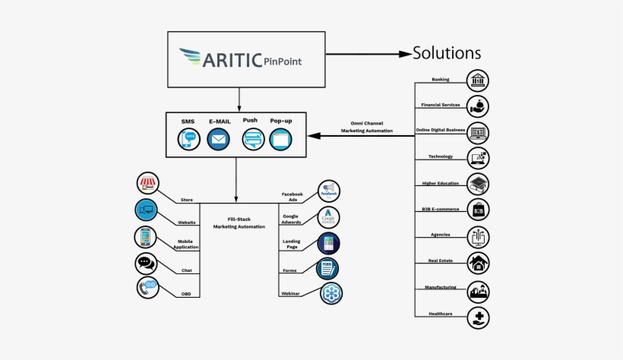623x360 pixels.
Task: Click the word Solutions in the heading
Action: pyautogui.click(x=446, y=53)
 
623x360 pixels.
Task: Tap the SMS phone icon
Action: pyautogui.click(x=188, y=140)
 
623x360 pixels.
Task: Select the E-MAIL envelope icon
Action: pyautogui.click(x=218, y=140)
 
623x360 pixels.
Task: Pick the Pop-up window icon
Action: pyautogui.click(x=281, y=140)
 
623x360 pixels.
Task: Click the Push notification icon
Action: pyautogui.click(x=252, y=140)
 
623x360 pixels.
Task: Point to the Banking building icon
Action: pyautogui.click(x=478, y=81)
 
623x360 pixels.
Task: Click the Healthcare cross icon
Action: pyautogui.click(x=478, y=317)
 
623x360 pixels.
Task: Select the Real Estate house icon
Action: pyautogui.click(x=478, y=263)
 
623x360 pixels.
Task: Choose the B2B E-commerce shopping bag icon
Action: pyautogui.click(x=478, y=210)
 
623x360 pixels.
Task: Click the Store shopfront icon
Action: pyautogui.click(x=147, y=184)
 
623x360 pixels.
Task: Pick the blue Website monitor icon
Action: pyautogui.click(x=146, y=210)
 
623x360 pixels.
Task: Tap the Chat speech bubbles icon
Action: pyautogui.click(x=146, y=263)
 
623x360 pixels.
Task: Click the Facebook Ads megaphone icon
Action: pyautogui.click(x=329, y=191)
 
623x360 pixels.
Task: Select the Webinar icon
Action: pyautogui.click(x=330, y=293)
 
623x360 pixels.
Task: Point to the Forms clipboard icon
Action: pyautogui.click(x=328, y=267)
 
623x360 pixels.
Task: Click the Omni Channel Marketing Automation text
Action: pyautogui.click(x=367, y=127)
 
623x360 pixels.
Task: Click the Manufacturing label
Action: pyautogui.click(x=440, y=287)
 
